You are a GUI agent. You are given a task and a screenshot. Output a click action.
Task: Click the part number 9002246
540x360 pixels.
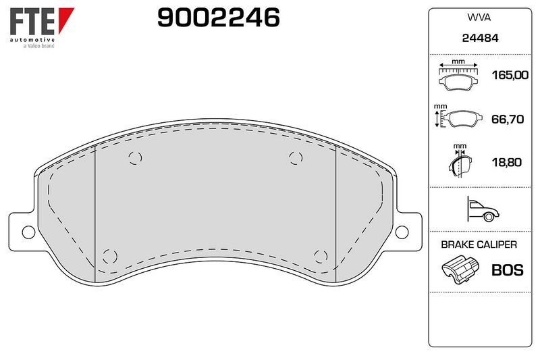click(x=218, y=18)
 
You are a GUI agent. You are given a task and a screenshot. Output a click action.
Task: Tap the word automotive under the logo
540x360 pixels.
click(x=32, y=40)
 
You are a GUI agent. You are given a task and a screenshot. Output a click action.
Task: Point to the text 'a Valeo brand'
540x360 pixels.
click(x=39, y=46)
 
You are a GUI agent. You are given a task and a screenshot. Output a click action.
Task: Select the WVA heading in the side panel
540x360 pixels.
click(x=479, y=18)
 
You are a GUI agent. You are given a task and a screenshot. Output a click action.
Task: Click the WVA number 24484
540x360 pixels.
click(x=480, y=38)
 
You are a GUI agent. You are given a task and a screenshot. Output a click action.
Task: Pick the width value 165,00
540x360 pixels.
click(x=510, y=75)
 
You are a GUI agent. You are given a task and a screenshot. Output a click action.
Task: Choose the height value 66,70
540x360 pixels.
click(x=508, y=119)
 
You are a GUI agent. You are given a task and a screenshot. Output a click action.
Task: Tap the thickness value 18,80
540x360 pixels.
click(x=507, y=162)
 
